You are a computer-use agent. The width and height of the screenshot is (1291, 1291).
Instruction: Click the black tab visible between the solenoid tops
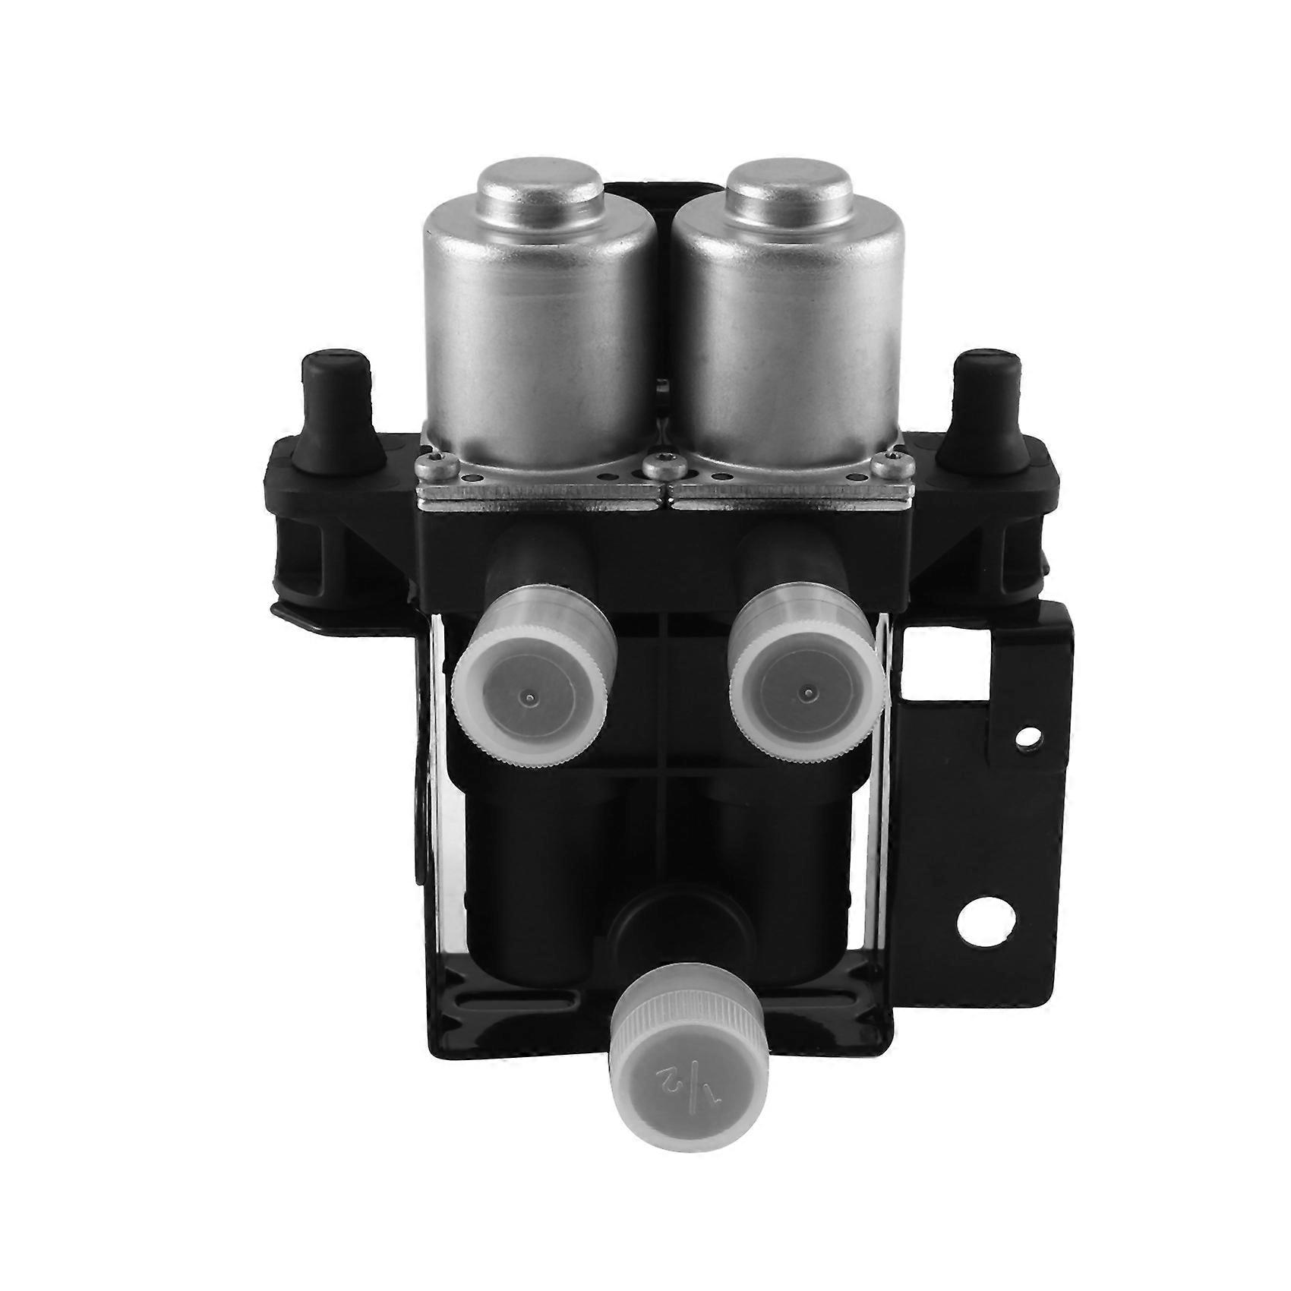point(661,190)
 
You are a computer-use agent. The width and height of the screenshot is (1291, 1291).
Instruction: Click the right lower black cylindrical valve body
point(790,858)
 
